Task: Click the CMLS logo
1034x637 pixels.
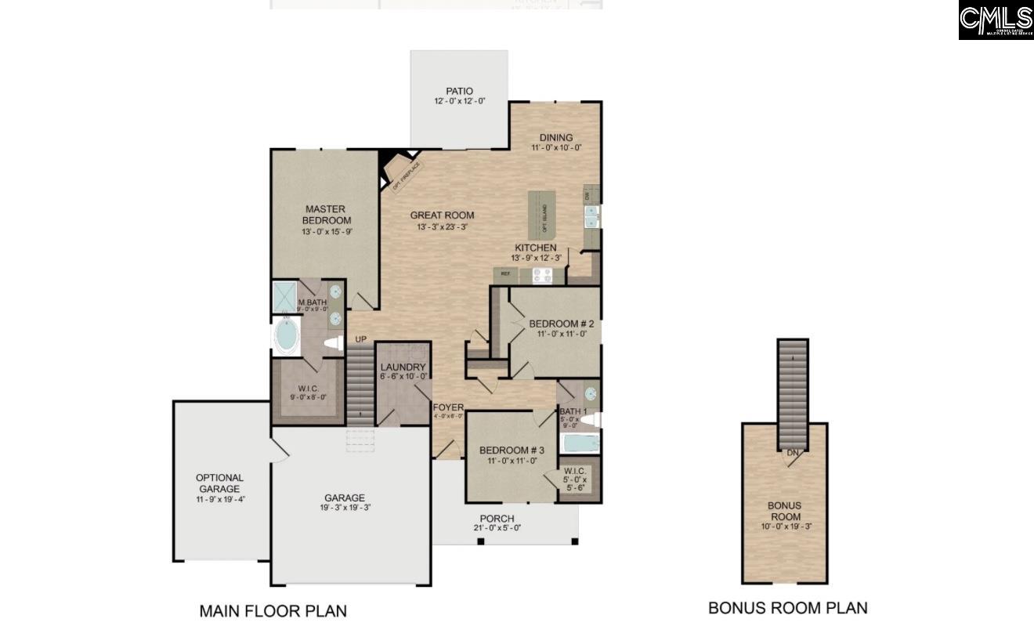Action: [996, 20]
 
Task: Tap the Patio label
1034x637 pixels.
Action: [459, 91]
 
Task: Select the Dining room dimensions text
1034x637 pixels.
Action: [555, 148]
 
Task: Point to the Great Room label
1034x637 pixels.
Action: [442, 215]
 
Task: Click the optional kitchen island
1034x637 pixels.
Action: [540, 215]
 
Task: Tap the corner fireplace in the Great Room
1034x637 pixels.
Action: [402, 172]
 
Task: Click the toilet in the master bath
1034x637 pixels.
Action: [333, 342]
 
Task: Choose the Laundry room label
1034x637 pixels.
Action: [403, 367]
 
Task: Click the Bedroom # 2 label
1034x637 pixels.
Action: [561, 324]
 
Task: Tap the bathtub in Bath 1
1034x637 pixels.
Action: [580, 443]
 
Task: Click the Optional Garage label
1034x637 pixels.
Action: [219, 483]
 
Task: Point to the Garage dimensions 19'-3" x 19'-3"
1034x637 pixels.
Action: [345, 508]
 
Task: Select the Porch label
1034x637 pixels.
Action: [497, 519]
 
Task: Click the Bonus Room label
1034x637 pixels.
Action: [784, 511]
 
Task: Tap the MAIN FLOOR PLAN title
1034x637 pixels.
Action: [273, 611]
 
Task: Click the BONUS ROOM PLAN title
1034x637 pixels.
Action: [787, 608]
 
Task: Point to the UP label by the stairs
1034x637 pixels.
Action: [360, 339]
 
